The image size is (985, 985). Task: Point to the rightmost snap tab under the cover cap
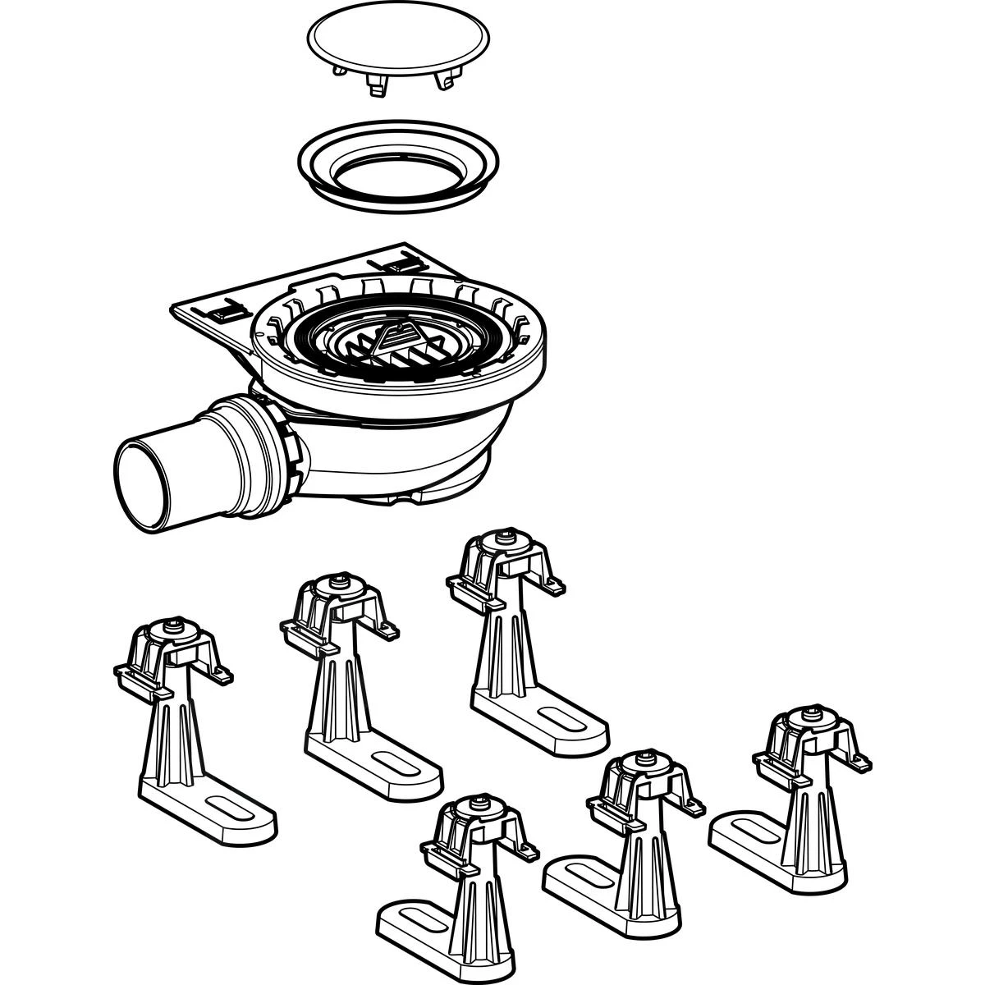pyautogui.click(x=448, y=80)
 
